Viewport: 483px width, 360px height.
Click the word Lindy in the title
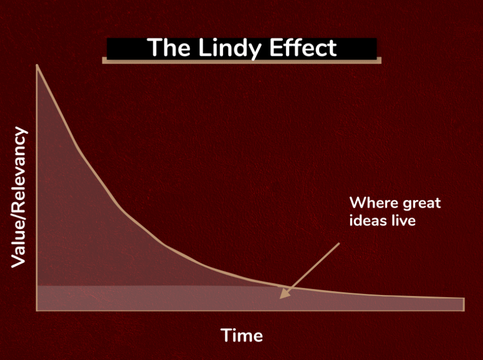point(230,49)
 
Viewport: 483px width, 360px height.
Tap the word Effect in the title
point(303,48)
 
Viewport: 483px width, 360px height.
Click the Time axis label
point(241,335)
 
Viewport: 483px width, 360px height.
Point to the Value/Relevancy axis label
point(18,197)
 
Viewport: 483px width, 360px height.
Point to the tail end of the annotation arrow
point(339,243)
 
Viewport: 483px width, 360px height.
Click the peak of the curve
point(37,65)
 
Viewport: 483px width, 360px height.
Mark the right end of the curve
point(463,298)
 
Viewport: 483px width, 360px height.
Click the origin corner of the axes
point(37,310)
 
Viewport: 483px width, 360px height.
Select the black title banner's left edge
point(107,49)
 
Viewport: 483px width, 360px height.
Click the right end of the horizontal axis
point(464,310)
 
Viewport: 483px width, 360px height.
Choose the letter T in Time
point(226,335)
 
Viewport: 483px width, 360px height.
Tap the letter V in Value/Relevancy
point(18,261)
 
